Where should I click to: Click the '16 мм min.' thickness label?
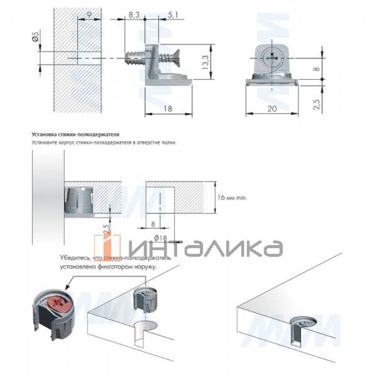tap(232, 197)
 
